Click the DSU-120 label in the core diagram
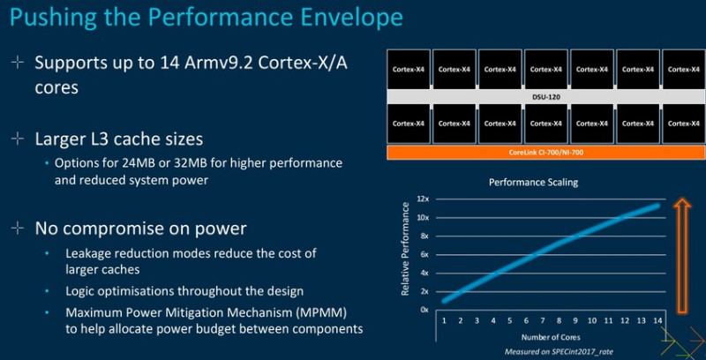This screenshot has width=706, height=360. [546, 96]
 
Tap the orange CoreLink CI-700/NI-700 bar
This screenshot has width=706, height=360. [546, 154]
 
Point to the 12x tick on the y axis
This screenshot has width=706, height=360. [424, 199]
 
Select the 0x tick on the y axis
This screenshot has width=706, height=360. [424, 310]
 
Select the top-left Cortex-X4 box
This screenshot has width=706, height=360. [408, 68]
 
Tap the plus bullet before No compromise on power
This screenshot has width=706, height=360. [15, 229]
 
